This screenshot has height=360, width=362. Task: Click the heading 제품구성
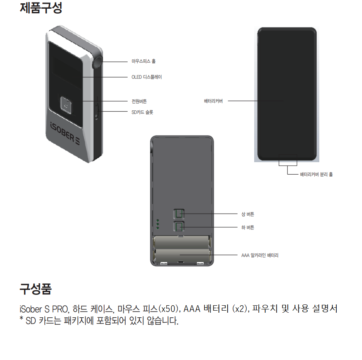pos(41,8)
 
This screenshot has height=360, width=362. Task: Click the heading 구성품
pos(36,289)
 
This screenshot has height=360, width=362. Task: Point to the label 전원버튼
pos(139,101)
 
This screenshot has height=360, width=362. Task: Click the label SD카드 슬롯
pos(142,112)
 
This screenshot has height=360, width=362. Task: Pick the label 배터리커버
pos(213,101)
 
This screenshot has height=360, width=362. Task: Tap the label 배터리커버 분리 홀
pos(316,175)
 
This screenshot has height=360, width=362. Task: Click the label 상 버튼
pos(248,214)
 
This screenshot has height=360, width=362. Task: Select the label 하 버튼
pos(248,227)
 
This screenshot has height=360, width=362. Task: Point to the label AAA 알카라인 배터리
pos(260,255)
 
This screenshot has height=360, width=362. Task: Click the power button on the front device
pos(66,105)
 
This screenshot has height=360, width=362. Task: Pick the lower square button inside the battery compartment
pos(180,227)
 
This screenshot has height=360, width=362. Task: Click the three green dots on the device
pos(158,224)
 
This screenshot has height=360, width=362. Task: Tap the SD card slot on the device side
pos(96,111)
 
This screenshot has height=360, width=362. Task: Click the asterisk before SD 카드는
pos(22,320)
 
